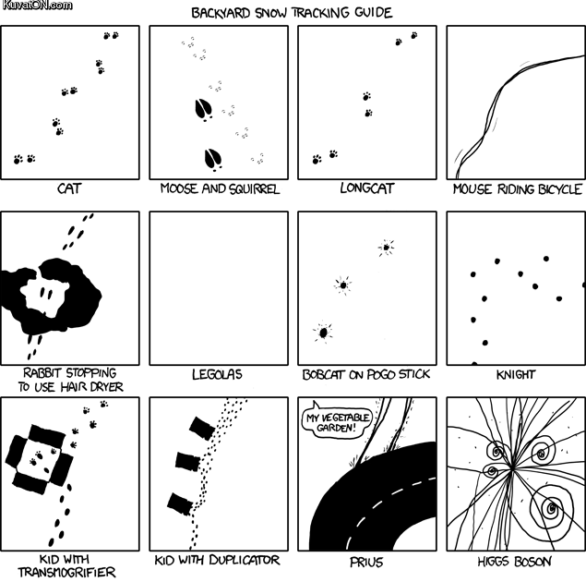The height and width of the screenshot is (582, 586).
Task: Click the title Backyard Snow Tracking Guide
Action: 292,13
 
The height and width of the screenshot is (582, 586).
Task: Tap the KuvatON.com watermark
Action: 37,6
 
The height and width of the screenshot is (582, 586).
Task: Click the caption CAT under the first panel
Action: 69,188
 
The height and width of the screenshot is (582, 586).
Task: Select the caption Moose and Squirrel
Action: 220,188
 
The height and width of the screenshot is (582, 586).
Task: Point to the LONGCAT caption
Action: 367,188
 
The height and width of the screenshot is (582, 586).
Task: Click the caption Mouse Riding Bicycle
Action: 518,188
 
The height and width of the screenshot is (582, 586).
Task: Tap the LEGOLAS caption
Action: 217,374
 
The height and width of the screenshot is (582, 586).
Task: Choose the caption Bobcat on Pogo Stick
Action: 366,374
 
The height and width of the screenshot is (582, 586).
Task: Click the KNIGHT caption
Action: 516,374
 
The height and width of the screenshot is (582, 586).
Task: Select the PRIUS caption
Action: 366,562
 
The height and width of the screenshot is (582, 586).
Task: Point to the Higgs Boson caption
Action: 514,561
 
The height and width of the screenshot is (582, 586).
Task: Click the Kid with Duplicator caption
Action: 217,560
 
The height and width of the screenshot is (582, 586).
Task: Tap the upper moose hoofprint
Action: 204,110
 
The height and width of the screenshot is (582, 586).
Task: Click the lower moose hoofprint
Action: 213,159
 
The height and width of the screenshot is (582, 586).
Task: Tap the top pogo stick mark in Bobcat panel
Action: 386,248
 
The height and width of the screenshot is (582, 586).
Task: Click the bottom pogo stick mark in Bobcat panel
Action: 323,333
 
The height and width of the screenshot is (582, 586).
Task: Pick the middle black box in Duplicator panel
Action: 188,462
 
